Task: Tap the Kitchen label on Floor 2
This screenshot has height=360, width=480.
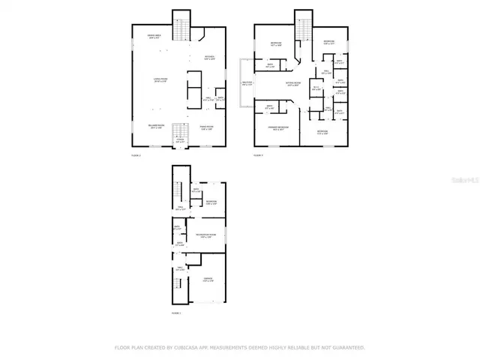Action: [x=209, y=58]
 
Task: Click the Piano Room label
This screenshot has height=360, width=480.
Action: [x=208, y=127]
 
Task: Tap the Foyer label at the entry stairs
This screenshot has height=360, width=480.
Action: [x=179, y=139]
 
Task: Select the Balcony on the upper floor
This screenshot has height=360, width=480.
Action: [x=247, y=82]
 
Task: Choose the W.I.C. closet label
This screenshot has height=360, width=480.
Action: [x=316, y=89]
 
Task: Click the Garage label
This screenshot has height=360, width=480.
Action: [x=207, y=280]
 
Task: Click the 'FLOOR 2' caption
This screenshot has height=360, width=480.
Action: [x=135, y=154]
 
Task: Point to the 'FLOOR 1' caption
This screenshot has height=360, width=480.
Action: [x=175, y=312]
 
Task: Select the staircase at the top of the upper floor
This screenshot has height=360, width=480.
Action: [x=302, y=29]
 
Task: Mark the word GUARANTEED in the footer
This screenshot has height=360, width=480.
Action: [x=347, y=347]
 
